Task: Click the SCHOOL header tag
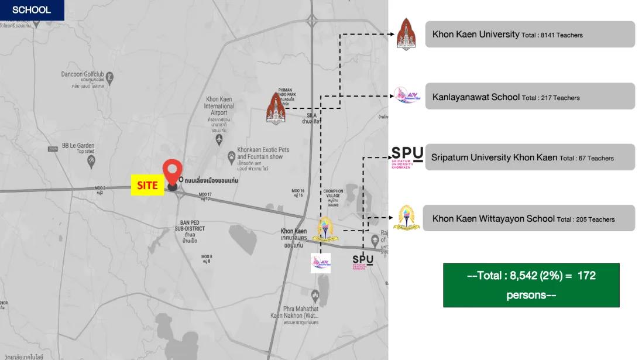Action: pos(32,10)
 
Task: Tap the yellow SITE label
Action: pos(147,185)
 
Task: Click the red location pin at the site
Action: pos(172,172)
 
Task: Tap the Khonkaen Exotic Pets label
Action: pos(263,153)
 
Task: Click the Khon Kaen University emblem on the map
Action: pos(276,108)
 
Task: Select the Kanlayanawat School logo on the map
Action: pos(320,262)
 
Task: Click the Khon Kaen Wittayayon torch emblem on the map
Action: pos(325,229)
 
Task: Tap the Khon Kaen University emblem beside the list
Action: pos(406,34)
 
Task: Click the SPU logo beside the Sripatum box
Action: pos(407,157)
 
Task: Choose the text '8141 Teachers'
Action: pos(562,35)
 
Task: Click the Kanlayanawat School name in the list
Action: pos(476,97)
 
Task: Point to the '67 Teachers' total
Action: pos(595,158)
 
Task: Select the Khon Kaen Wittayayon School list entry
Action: pos(493,218)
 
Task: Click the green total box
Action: pos(531,284)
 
